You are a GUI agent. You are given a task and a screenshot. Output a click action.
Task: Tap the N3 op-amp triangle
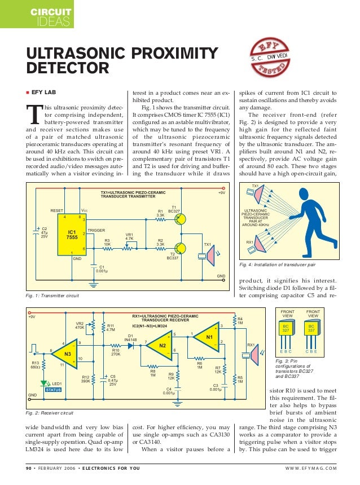tap(68, 354)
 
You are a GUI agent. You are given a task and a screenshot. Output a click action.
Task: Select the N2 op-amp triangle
tap(162, 345)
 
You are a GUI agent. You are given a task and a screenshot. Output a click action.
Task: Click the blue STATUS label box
tap(53, 390)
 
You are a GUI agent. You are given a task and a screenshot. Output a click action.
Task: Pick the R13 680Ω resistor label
tap(35, 365)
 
